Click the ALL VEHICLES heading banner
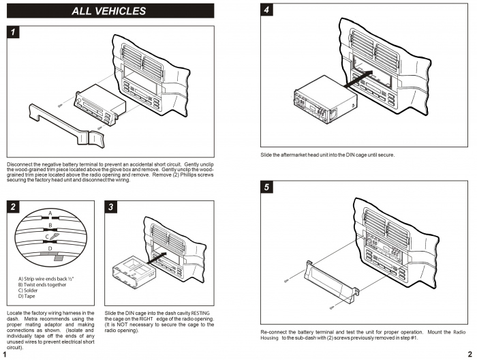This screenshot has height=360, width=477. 109,11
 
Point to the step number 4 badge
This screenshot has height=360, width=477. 268,10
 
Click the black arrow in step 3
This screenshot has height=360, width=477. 157,258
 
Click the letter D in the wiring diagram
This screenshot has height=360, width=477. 50,248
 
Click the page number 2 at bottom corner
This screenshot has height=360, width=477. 470,353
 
